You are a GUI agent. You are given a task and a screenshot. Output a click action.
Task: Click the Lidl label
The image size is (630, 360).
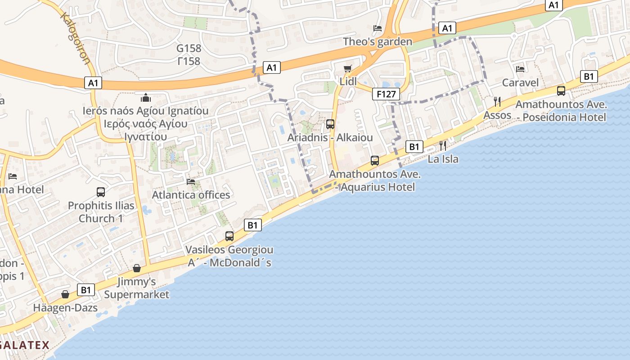[x=348, y=81]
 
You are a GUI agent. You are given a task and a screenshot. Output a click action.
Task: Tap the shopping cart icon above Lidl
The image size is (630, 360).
[x=347, y=68]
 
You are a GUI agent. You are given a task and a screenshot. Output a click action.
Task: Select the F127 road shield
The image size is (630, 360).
[x=386, y=94]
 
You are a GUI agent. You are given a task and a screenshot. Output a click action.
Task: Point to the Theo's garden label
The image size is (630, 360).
[x=377, y=42]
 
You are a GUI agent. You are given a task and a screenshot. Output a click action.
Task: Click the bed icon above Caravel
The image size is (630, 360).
[x=520, y=69]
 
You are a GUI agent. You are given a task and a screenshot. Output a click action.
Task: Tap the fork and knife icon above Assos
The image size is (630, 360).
[x=497, y=102]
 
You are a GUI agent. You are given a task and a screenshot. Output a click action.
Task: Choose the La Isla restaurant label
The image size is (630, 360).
[x=443, y=159]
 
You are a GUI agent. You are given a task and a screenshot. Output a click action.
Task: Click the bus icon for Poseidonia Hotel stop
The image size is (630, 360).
[x=561, y=91]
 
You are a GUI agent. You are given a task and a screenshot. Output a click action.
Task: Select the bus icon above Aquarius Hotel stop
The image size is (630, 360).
[x=374, y=160]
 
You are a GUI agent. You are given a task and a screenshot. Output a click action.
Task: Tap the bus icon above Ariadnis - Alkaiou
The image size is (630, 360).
[x=330, y=124]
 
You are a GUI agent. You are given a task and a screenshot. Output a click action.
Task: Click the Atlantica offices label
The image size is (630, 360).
[x=191, y=195]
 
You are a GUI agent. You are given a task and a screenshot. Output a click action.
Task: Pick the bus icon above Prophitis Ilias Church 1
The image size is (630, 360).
[x=101, y=192]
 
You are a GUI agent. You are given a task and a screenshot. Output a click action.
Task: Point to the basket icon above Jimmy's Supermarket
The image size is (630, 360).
[x=137, y=269]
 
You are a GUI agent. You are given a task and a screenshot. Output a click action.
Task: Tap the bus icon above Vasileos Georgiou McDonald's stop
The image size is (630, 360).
[x=229, y=236]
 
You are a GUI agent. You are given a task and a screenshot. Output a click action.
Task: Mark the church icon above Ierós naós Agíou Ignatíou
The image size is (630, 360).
[x=146, y=98]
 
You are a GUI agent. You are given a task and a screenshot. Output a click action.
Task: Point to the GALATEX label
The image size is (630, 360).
[x=25, y=345]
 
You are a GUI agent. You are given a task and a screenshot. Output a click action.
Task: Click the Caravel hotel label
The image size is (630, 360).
[x=520, y=83]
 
